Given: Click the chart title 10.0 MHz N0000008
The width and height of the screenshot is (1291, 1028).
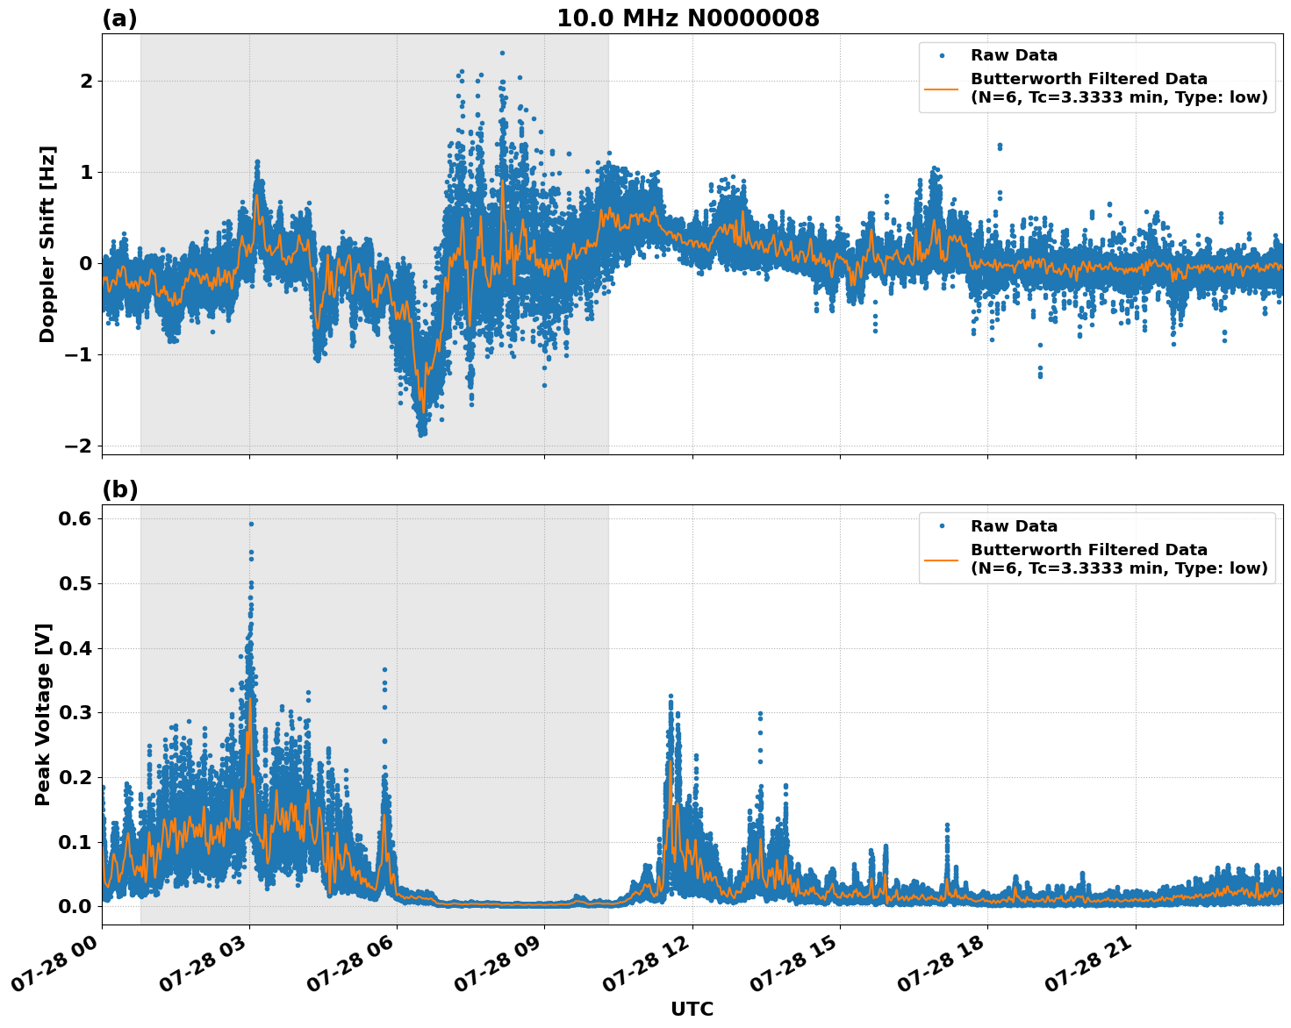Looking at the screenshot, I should point(687,18).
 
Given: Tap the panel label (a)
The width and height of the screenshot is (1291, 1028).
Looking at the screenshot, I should point(119,18).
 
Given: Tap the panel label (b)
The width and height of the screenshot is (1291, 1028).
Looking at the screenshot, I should point(119,489).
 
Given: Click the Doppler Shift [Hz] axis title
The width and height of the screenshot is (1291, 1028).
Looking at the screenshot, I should point(47,244).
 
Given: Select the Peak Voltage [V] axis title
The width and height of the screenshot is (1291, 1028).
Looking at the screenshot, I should point(43,714).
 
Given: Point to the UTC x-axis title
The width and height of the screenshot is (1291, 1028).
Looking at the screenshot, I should point(692,1009).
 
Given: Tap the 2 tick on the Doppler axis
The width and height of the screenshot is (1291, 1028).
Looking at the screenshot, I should point(87,81).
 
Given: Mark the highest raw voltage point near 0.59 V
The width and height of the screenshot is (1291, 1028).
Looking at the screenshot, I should point(251,524).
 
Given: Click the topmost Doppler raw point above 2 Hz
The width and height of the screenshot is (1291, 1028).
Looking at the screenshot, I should point(502,53).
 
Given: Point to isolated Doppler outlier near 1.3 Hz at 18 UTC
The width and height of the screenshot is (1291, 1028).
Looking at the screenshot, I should point(999,146).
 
